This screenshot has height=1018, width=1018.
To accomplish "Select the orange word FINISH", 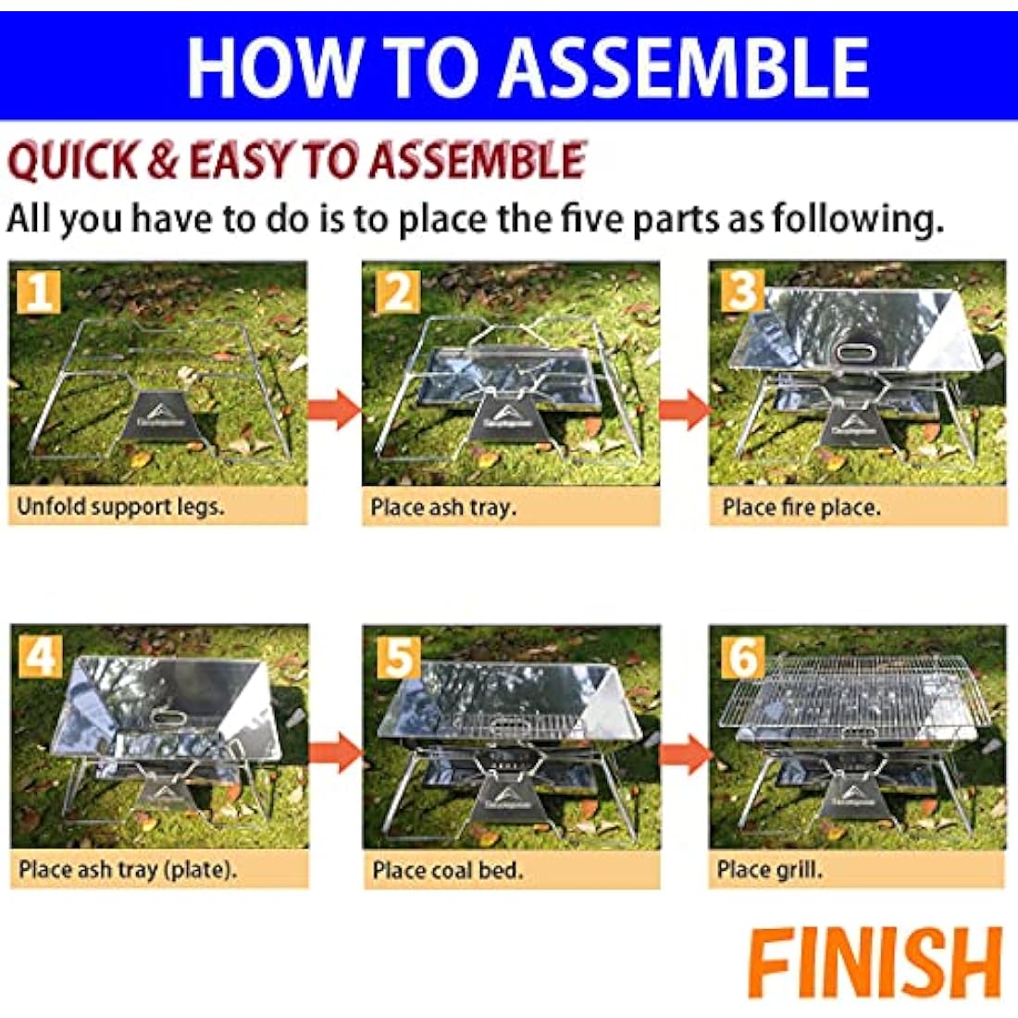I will [x=875, y=962].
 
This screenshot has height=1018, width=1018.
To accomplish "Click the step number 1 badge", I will [x=39, y=292].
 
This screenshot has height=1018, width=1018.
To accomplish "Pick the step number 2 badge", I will [x=398, y=292].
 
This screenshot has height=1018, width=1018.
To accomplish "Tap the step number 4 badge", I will [x=40, y=656].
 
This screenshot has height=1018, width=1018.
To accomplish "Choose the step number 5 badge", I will [x=398, y=656].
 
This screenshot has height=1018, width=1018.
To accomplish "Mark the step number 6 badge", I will [x=743, y=656].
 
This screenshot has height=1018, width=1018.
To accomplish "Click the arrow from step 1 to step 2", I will [x=334, y=409].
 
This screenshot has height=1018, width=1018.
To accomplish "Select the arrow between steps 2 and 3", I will [x=685, y=409].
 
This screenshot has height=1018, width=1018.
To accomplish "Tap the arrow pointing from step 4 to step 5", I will [x=334, y=753].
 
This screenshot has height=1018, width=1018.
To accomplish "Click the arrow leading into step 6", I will [x=685, y=753].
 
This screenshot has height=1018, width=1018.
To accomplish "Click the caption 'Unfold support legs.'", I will [x=120, y=507].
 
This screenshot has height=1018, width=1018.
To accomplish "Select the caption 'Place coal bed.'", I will [x=447, y=870].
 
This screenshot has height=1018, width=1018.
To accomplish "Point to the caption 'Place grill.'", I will [x=770, y=870].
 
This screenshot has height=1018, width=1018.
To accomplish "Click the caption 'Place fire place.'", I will [x=801, y=507].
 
